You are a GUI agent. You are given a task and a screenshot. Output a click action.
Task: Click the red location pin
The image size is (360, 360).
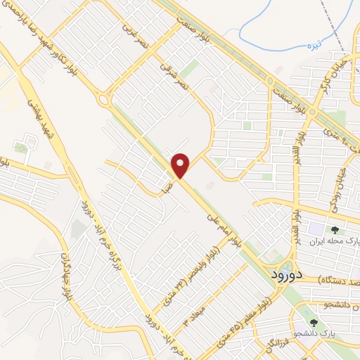pos(181,165)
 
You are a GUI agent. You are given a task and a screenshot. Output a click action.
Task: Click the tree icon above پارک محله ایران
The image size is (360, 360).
pos(335,229)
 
